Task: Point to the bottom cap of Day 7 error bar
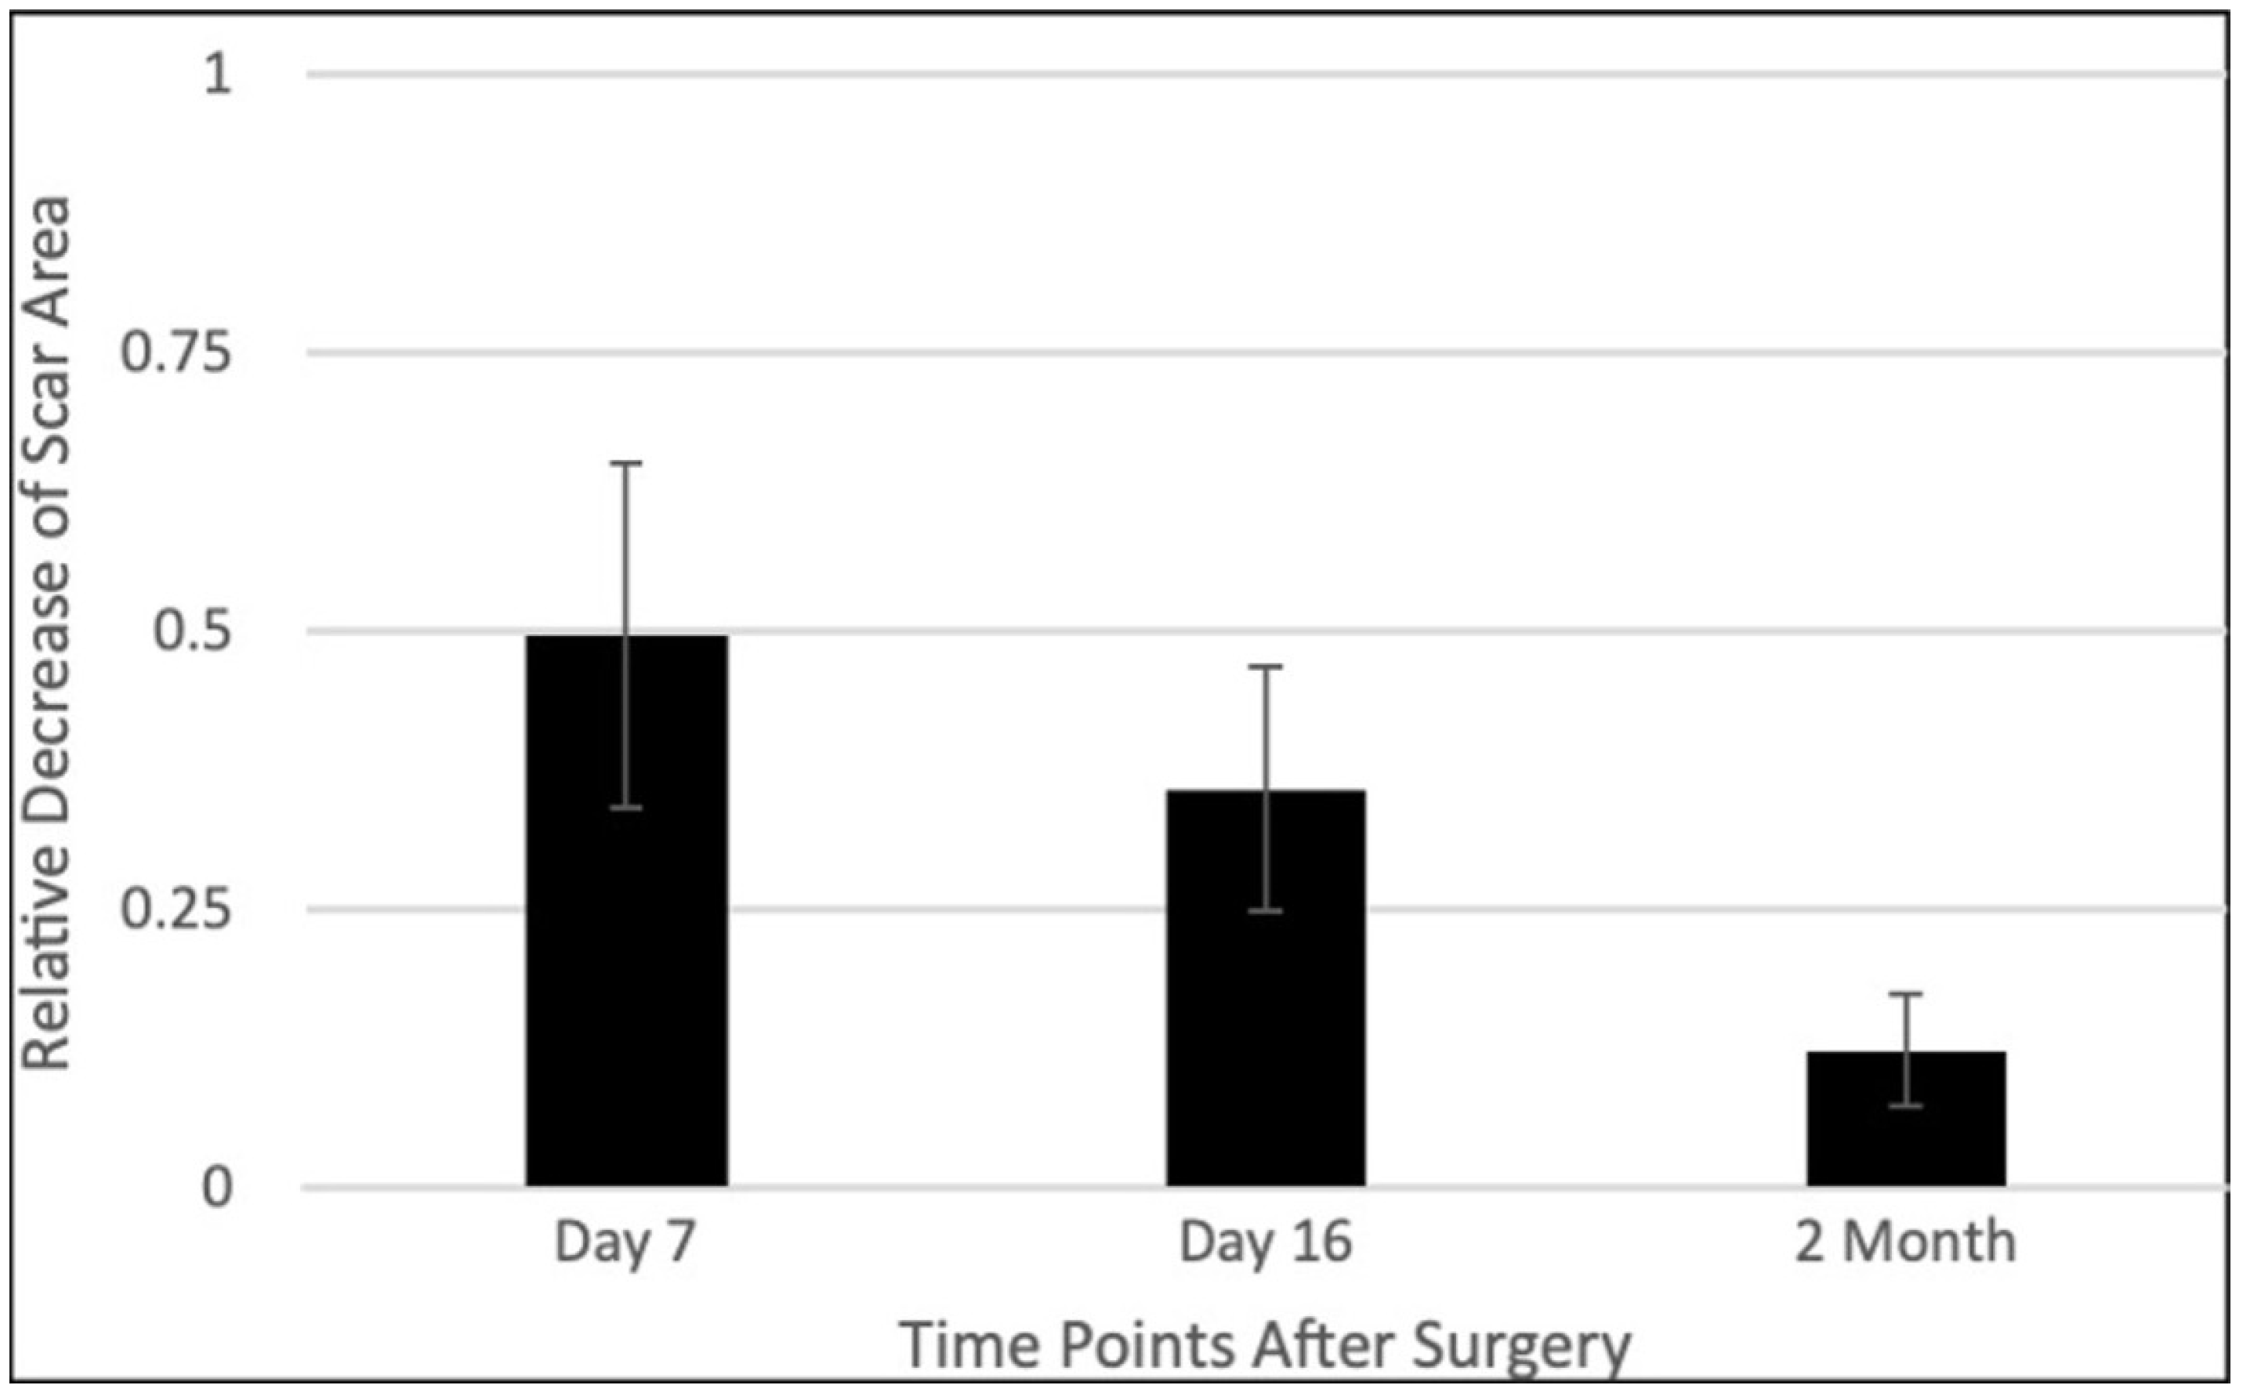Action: coord(627,808)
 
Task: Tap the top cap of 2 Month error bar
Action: coord(1905,994)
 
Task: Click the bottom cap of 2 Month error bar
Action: coord(1905,1105)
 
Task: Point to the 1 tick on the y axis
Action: coord(218,74)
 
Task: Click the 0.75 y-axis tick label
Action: coord(176,353)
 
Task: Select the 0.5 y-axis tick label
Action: coord(191,631)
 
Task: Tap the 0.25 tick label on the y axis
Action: coord(176,910)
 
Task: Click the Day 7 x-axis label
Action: coord(625,1242)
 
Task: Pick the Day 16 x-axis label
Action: coord(1265,1242)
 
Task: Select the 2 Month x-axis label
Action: coord(1905,1242)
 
